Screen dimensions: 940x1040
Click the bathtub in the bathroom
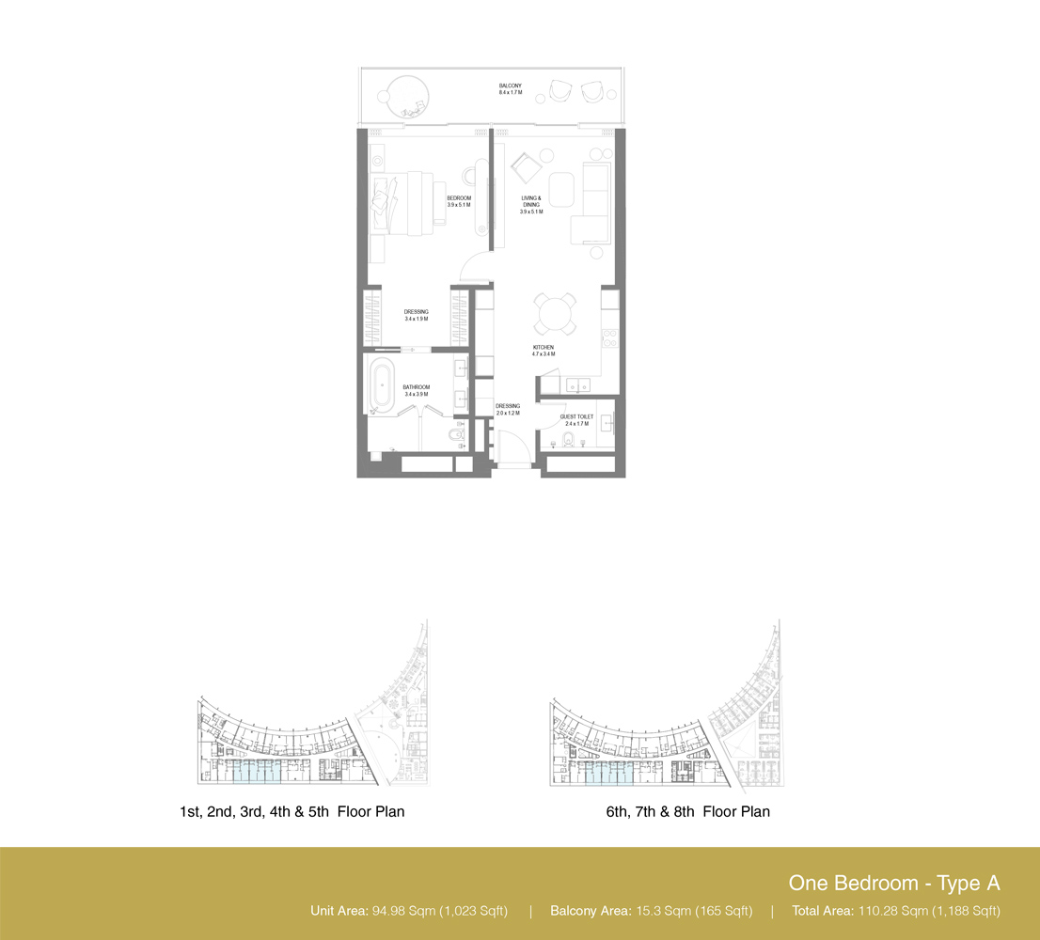pyautogui.click(x=382, y=384)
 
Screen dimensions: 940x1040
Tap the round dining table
pyautogui.click(x=556, y=313)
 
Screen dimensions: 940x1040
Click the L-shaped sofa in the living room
pyautogui.click(x=592, y=202)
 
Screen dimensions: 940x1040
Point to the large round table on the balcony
pyautogui.click(x=404, y=94)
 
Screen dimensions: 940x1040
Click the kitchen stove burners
pyautogui.click(x=610, y=334)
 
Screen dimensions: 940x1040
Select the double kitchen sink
pyautogui.click(x=574, y=384)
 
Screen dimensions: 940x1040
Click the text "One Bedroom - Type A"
pyautogui.click(x=893, y=883)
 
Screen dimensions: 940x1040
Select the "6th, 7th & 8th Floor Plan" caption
pyautogui.click(x=687, y=811)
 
